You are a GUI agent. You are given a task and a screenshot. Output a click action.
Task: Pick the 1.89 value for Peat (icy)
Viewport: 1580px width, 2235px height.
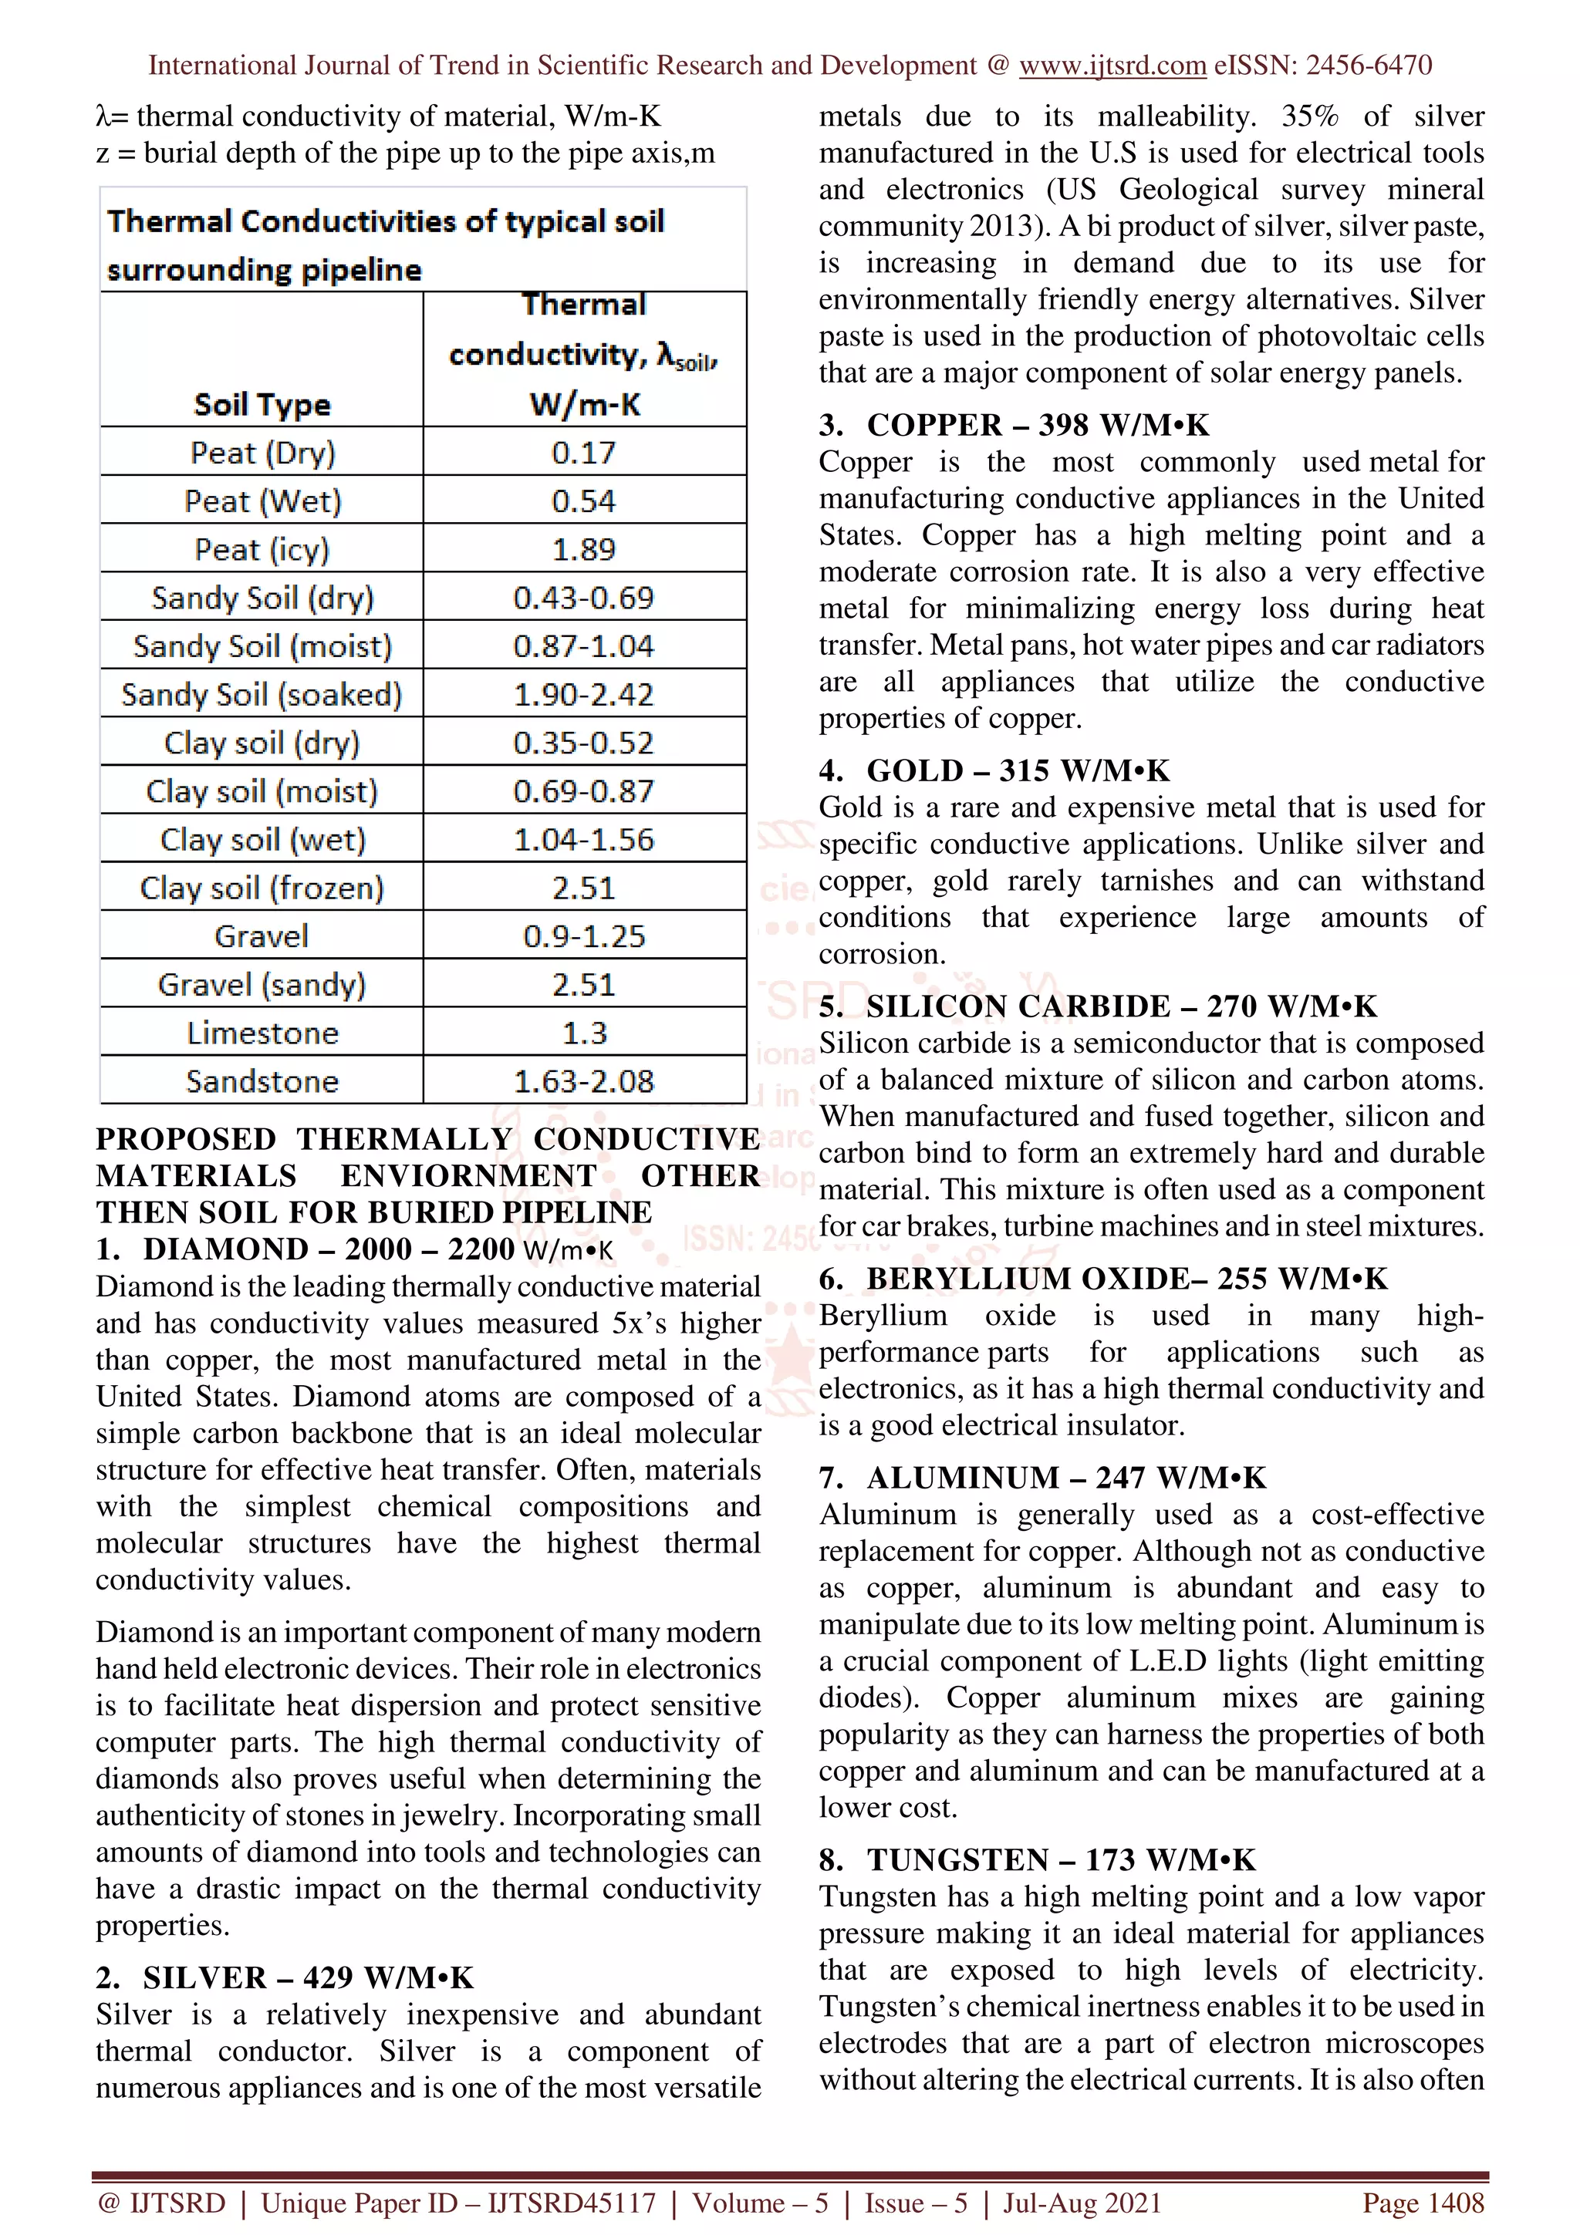584,549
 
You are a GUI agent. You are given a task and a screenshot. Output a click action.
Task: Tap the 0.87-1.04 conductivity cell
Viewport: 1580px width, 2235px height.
584,646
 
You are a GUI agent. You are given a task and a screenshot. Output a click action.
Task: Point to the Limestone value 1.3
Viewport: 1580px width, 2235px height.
584,1033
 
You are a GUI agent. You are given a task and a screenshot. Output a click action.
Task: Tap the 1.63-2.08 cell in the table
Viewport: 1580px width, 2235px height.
584,1081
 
